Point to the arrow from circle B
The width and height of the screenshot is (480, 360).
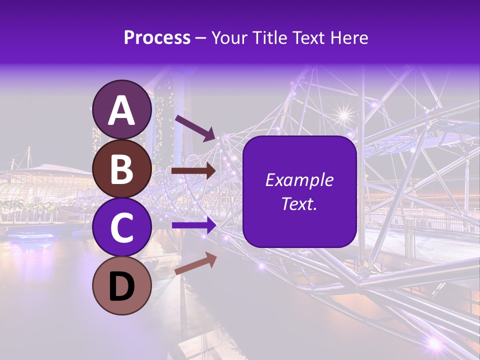[x=193, y=171]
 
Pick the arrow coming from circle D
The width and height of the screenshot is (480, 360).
[x=195, y=263]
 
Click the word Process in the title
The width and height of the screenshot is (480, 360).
[x=157, y=38]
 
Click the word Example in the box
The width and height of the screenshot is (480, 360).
[x=299, y=180]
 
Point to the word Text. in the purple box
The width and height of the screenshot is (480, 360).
[x=299, y=203]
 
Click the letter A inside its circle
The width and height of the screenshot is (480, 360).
[x=122, y=110]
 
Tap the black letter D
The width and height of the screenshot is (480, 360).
[x=122, y=287]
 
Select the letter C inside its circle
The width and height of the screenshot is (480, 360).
[x=122, y=227]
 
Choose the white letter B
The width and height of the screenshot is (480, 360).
[x=122, y=169]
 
